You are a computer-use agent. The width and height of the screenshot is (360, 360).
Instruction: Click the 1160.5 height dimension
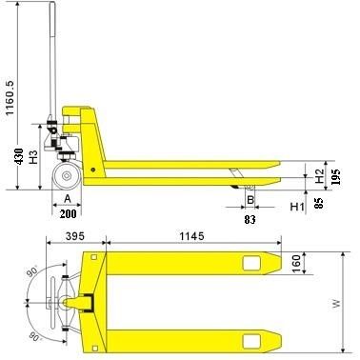(x=10, y=97)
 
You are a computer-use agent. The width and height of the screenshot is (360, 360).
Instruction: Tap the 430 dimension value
(x=19, y=156)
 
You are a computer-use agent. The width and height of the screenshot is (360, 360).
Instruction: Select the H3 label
(x=33, y=156)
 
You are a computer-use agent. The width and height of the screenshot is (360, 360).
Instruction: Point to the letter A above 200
(x=68, y=199)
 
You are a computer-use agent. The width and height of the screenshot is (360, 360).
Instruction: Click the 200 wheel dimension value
(x=69, y=213)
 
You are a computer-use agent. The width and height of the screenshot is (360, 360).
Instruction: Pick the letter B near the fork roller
(x=250, y=200)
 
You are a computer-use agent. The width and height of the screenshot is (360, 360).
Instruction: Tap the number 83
(x=250, y=219)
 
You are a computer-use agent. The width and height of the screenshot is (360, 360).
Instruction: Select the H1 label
(x=297, y=207)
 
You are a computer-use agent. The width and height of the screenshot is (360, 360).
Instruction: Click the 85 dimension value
(x=319, y=203)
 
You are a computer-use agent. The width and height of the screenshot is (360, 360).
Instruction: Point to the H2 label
(x=319, y=176)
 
